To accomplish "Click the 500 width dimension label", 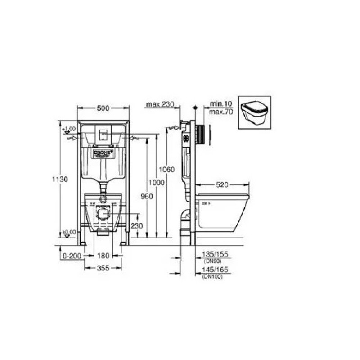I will coord(103,108).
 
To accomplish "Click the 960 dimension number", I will coord(147,197).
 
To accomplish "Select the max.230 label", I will coord(159,105).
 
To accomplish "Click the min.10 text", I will coord(221,104).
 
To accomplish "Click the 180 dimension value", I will coord(103,255).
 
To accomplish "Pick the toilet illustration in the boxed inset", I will coord(255,114).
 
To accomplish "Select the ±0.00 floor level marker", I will coord(69,232).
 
